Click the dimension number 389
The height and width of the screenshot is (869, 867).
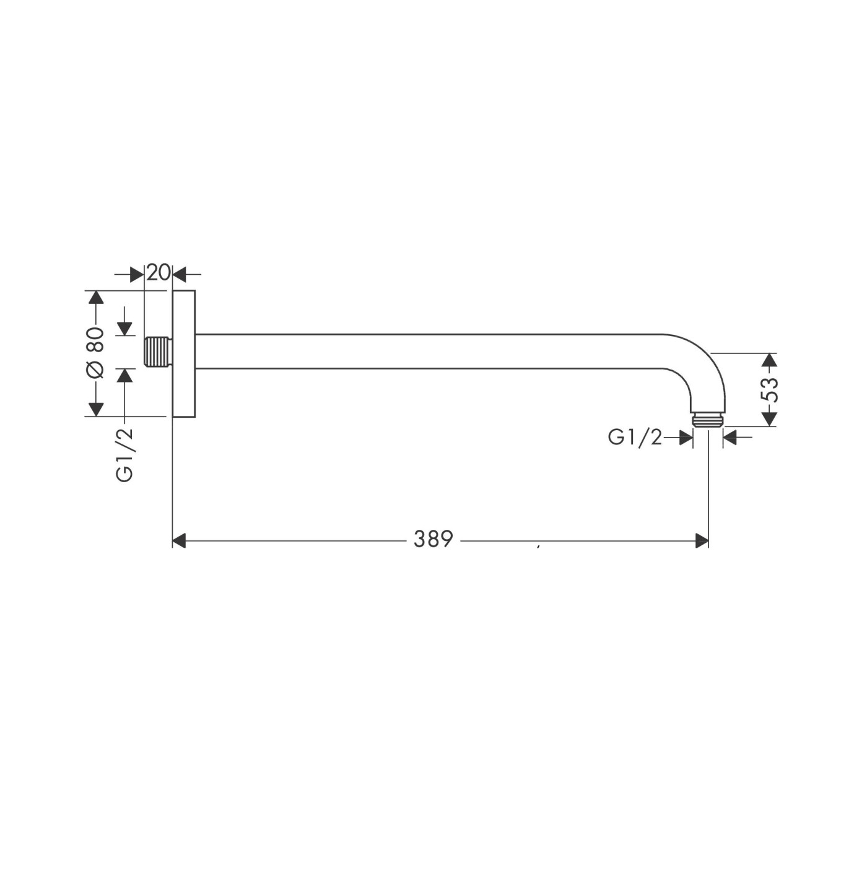(x=433, y=539)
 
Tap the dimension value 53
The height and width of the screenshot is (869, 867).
(x=769, y=389)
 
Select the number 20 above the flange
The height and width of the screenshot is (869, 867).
(x=158, y=272)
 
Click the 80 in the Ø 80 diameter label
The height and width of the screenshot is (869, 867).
(x=95, y=340)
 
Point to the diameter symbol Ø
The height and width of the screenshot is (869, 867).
(x=95, y=370)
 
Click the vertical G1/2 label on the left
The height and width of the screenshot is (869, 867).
(x=124, y=454)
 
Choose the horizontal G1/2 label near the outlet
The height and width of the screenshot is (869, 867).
(x=635, y=438)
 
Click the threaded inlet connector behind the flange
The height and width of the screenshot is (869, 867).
(x=157, y=352)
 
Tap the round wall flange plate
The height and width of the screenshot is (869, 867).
(x=184, y=353)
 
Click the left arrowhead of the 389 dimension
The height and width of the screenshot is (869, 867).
(x=179, y=541)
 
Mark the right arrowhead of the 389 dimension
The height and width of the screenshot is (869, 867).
(x=702, y=541)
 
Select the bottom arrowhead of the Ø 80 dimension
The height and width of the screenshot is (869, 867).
(x=95, y=409)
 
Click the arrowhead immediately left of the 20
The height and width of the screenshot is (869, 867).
(x=137, y=274)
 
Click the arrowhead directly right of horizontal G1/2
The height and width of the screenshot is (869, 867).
(x=686, y=438)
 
